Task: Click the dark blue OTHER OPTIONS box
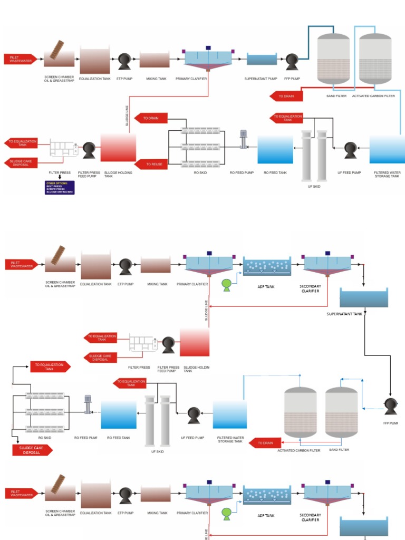[x=60, y=187]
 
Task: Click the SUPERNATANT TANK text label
[x=345, y=314]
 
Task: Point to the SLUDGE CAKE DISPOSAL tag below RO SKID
[x=33, y=450]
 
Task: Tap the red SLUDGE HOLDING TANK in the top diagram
[x=118, y=147]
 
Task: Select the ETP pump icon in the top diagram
[x=124, y=62]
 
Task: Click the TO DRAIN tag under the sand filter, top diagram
[x=286, y=97]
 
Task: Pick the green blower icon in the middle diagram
[x=226, y=285]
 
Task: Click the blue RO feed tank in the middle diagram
[x=118, y=414]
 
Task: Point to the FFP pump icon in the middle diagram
[x=391, y=406]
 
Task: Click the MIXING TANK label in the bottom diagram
[x=157, y=513]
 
